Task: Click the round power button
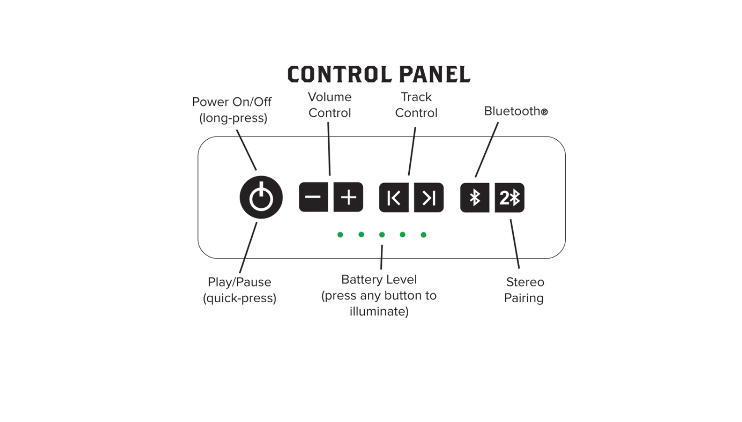tap(261, 197)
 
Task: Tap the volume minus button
tap(313, 197)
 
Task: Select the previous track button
tap(394, 197)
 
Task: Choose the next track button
tap(429, 197)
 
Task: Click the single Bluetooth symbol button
tap(474, 197)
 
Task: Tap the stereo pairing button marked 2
tap(509, 197)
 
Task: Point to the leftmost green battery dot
tap(340, 235)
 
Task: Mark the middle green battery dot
tap(382, 235)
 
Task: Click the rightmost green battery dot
tap(423, 235)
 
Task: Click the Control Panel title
tap(378, 75)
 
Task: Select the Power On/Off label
tap(232, 109)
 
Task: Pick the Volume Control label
tap(330, 105)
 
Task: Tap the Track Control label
tap(416, 105)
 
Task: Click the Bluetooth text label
tap(515, 111)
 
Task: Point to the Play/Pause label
tap(240, 290)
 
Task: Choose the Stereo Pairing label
tap(524, 290)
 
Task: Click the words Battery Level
tap(379, 279)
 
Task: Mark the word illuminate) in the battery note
tap(379, 311)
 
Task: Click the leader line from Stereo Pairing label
tap(515, 244)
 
